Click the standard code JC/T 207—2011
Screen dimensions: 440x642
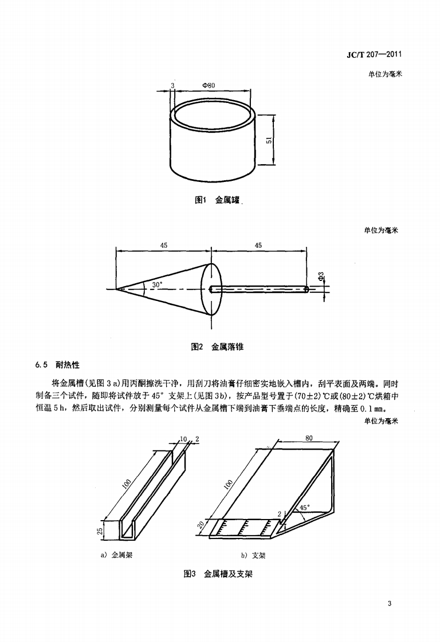pyautogui.click(x=373, y=54)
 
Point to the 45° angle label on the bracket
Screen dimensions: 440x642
pyautogui.click(x=304, y=507)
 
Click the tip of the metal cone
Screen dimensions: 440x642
pyautogui.click(x=117, y=290)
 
